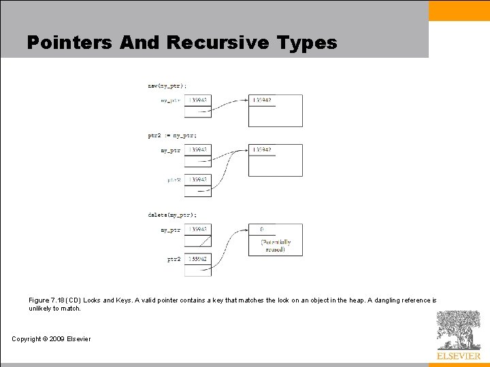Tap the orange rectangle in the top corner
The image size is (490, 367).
pos(459,10)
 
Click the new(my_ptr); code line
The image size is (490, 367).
pos(167,86)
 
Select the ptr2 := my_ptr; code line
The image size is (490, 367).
pos(171,135)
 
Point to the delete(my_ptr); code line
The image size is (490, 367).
pos(172,215)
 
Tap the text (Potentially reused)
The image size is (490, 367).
pos(276,245)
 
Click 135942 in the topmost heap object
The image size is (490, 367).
pos(262,101)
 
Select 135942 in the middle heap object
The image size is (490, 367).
pos(262,150)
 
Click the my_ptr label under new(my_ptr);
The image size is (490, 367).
pos(171,101)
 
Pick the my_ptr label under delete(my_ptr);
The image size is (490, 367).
pos(171,230)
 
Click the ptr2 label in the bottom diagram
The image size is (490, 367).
pos(174,259)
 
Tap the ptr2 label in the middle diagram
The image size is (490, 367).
pos(174,180)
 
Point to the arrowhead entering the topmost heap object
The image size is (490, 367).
pos(246,101)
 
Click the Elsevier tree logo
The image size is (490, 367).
pos(458,330)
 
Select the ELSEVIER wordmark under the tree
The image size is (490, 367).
pos(458,355)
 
